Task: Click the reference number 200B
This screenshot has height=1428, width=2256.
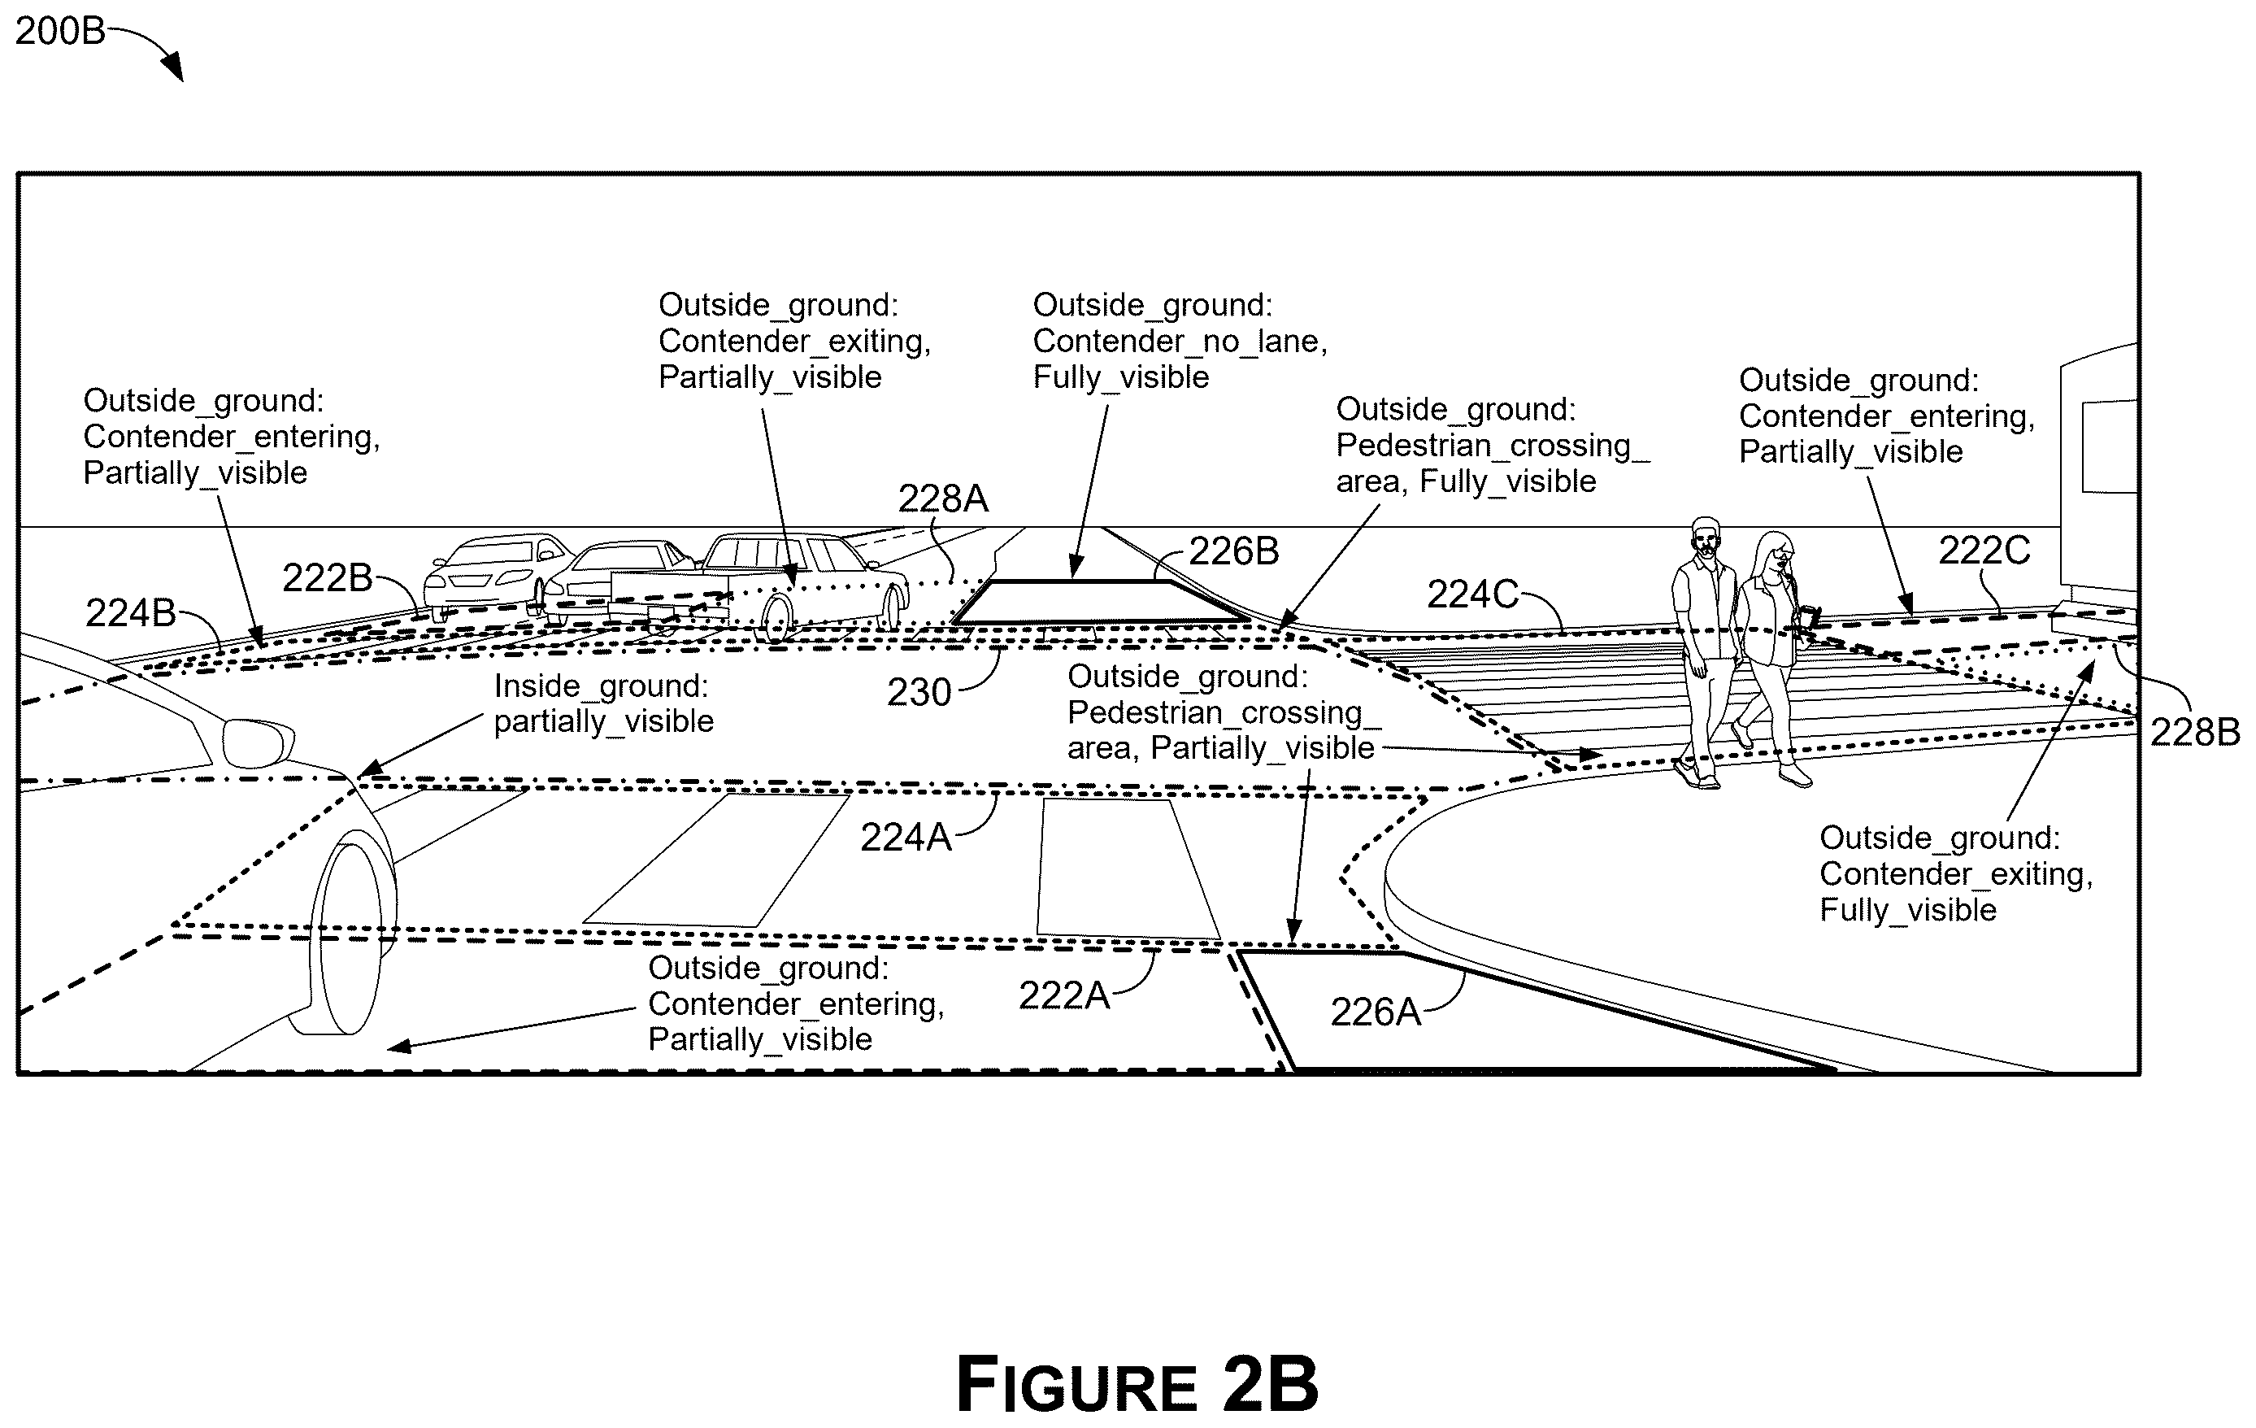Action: [x=60, y=32]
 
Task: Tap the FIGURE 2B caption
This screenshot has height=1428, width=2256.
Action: [x=1137, y=1384]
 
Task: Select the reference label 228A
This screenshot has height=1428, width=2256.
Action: [x=942, y=498]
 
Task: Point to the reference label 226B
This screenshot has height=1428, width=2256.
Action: [x=1234, y=551]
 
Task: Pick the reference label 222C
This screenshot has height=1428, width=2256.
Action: [x=1984, y=551]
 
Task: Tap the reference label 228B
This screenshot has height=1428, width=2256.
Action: [x=2194, y=732]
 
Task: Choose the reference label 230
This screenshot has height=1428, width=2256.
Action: [x=919, y=692]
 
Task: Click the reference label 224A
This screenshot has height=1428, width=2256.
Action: [x=906, y=838]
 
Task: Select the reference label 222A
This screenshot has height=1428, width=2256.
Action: [x=1063, y=995]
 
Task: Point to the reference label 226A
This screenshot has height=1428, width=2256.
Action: [x=1376, y=1012]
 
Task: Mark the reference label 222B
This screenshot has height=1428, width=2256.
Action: [x=328, y=578]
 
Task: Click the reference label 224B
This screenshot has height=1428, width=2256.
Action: [x=131, y=614]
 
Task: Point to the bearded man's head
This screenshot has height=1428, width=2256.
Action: [x=1706, y=539]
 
